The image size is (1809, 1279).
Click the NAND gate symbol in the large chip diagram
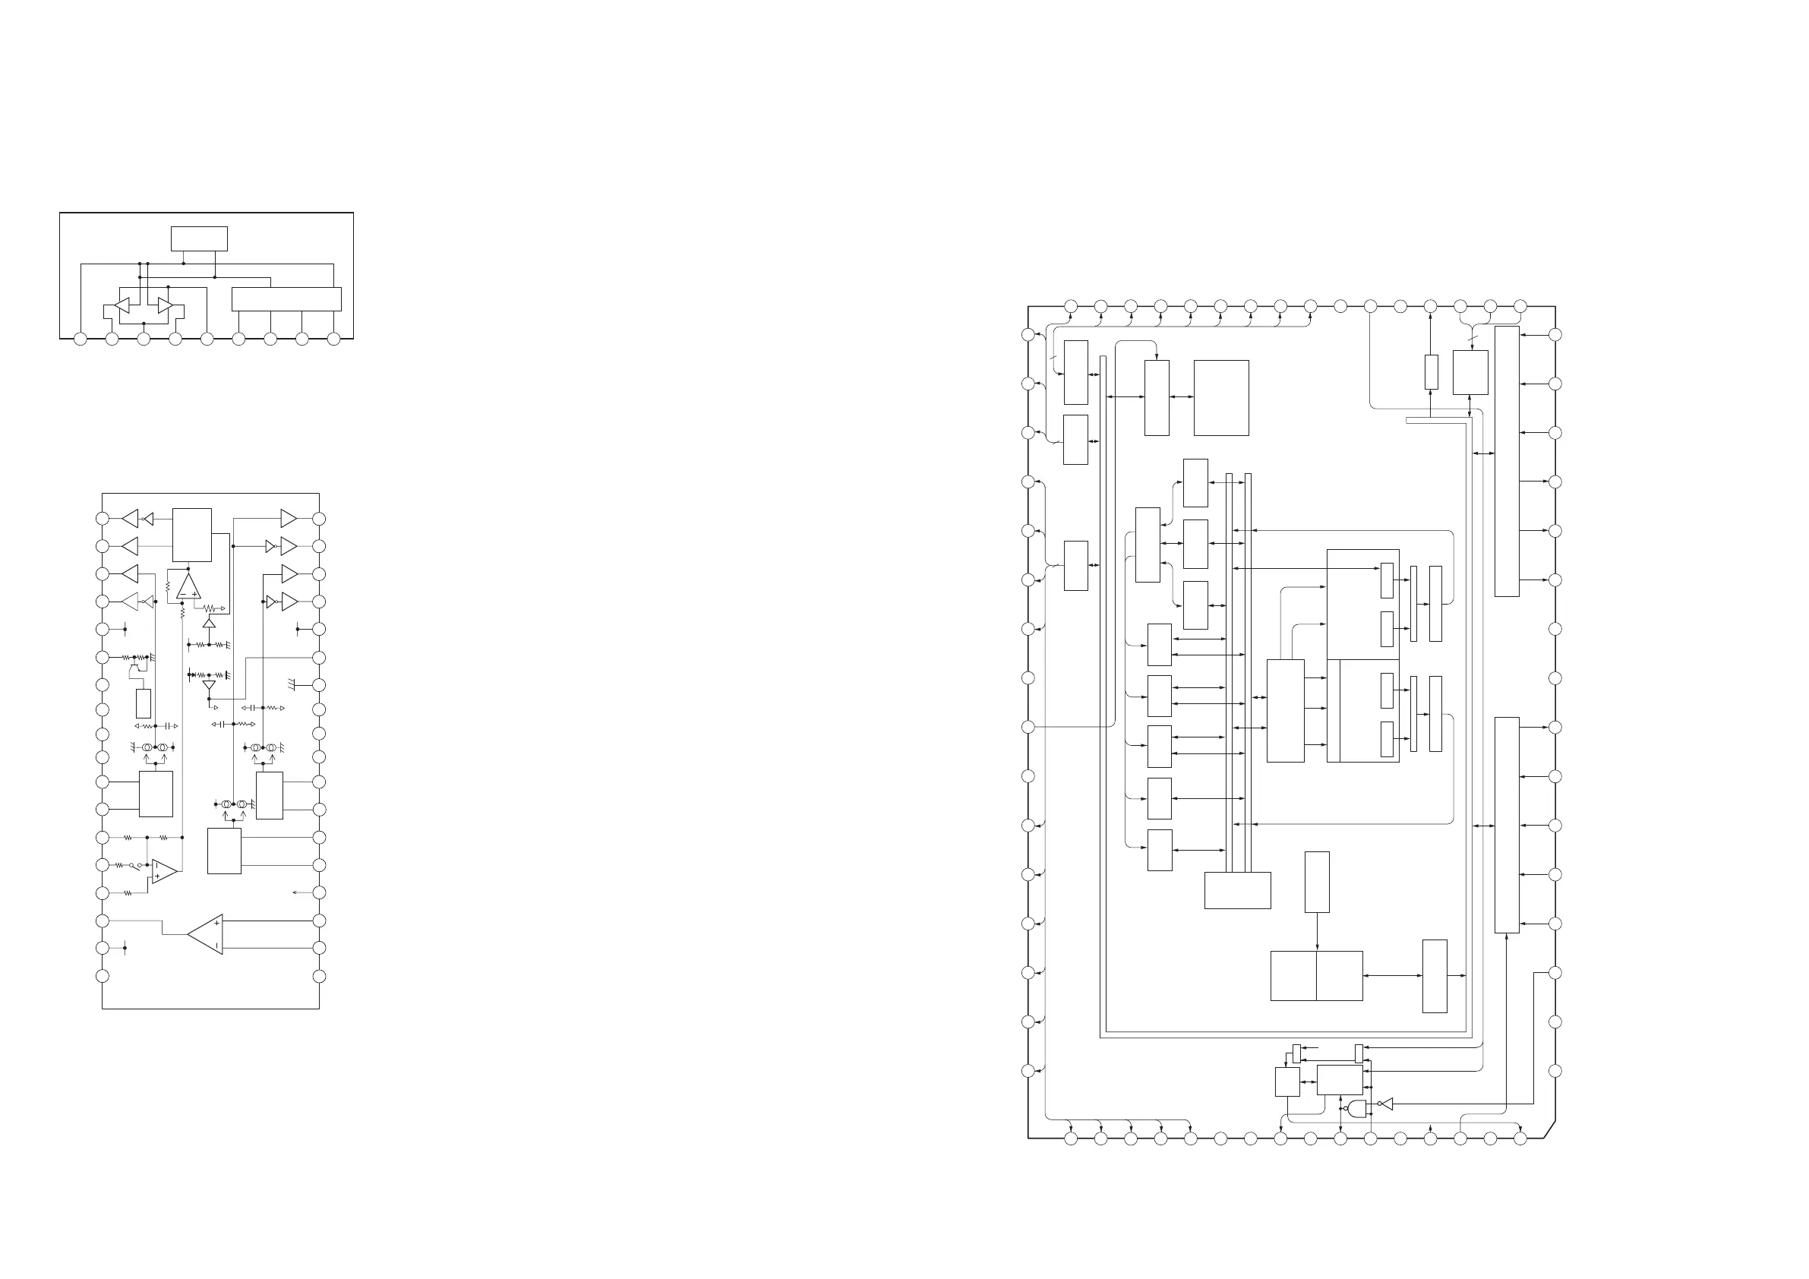click(x=1356, y=1108)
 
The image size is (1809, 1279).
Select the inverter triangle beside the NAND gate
click(x=1387, y=1104)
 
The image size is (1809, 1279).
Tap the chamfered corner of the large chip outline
click(x=1549, y=1129)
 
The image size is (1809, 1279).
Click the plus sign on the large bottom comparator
click(x=216, y=922)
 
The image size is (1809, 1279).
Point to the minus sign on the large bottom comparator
click(x=216, y=946)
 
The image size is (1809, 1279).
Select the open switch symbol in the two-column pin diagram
click(x=134, y=865)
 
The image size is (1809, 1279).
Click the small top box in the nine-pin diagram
click(x=199, y=238)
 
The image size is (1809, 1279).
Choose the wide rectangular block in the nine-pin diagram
click(x=286, y=299)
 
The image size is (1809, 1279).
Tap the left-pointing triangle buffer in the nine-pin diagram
click(x=122, y=305)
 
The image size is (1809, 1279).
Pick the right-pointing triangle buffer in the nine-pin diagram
click(x=165, y=305)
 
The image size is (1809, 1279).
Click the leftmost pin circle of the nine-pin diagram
click(x=80, y=339)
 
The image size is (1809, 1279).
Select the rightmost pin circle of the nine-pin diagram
click(x=333, y=339)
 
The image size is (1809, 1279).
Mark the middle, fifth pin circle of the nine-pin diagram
click(x=207, y=339)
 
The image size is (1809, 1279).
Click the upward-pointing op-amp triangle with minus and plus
click(x=188, y=586)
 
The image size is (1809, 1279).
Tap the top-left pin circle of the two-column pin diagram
click(x=102, y=519)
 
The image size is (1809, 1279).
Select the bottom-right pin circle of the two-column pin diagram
click(x=319, y=977)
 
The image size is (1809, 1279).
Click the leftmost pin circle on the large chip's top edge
click(x=1071, y=306)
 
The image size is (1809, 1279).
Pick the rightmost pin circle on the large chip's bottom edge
click(x=1520, y=1138)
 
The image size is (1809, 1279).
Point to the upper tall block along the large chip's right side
click(x=1507, y=461)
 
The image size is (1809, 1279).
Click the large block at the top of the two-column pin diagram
click(x=191, y=534)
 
